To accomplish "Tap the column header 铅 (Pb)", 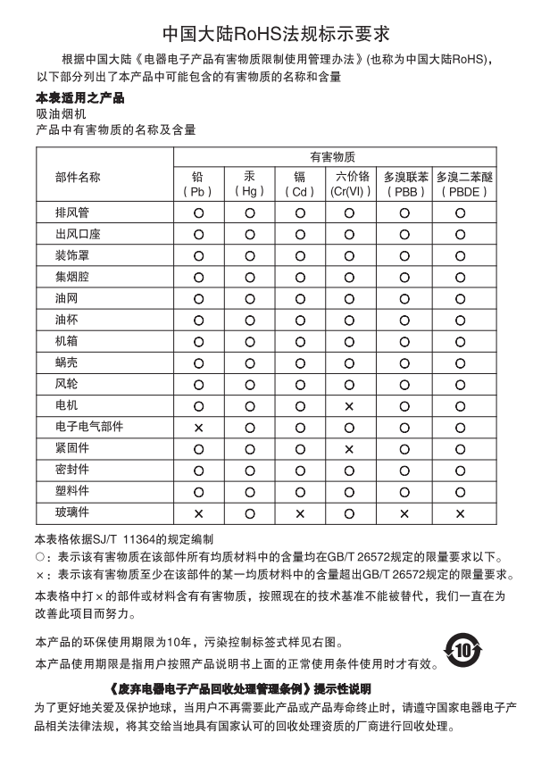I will click(x=198, y=184).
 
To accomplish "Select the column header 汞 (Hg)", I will click(x=249, y=184).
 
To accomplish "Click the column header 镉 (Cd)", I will click(x=300, y=184).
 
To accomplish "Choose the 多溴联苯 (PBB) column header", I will click(x=404, y=184).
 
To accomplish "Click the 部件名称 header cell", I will click(x=78, y=177).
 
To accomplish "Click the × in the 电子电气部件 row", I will click(x=198, y=428).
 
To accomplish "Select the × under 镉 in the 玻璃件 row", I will click(x=300, y=513).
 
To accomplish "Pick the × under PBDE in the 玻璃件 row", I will click(x=461, y=513).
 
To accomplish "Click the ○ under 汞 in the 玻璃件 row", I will click(x=249, y=513).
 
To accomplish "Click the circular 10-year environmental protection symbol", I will click(x=462, y=650).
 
